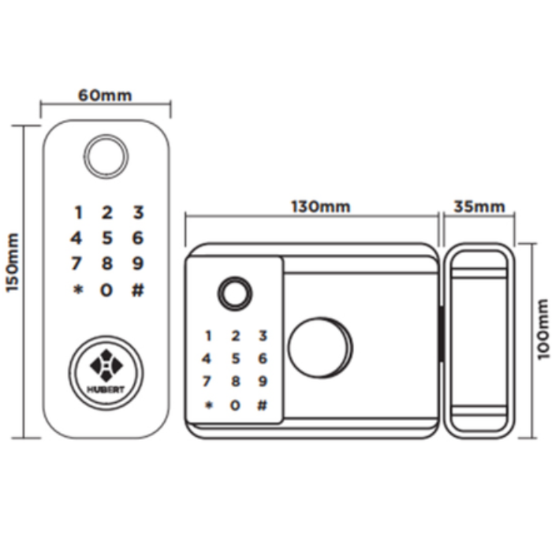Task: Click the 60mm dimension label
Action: click(x=105, y=96)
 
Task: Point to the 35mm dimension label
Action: click(x=479, y=207)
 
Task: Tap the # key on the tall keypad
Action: click(x=137, y=290)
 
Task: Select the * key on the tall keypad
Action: click(x=77, y=290)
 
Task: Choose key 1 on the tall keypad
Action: click(x=77, y=212)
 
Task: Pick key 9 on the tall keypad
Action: click(x=137, y=263)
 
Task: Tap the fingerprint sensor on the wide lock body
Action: click(x=234, y=293)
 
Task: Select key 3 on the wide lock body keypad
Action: click(x=263, y=336)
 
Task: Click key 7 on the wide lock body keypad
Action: click(x=208, y=382)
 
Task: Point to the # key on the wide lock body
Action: click(x=263, y=405)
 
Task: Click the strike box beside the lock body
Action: click(x=479, y=338)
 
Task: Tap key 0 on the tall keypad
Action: click(x=106, y=290)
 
